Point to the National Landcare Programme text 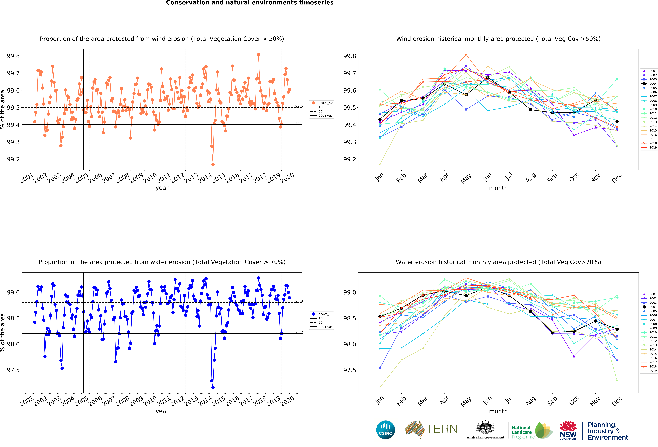pyautogui.click(x=523, y=432)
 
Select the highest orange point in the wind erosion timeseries pyautogui.click(x=259, y=55)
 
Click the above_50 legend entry pyautogui.click(x=321, y=103)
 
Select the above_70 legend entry pyautogui.click(x=321, y=314)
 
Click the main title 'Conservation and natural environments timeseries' pyautogui.click(x=250, y=3)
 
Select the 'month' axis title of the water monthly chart pyautogui.click(x=498, y=411)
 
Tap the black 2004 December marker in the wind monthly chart pyautogui.click(x=617, y=121)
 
